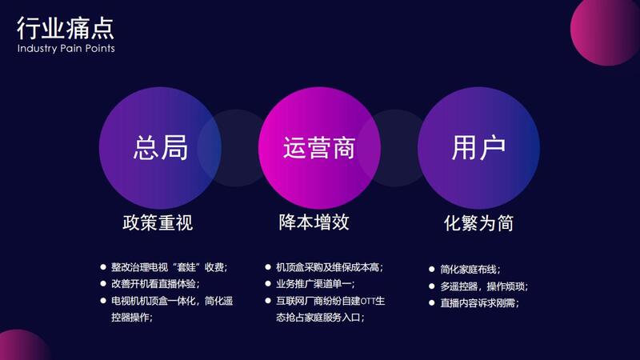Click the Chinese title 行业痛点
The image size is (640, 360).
click(66, 28)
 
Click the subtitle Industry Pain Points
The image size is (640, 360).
click(66, 48)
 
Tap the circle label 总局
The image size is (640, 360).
click(161, 147)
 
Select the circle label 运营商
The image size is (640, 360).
click(319, 147)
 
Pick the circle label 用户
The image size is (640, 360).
click(478, 147)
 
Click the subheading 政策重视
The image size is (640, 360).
click(158, 222)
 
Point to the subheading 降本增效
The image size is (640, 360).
click(314, 222)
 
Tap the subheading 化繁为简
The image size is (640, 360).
click(478, 223)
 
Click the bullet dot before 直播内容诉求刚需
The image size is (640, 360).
click(431, 303)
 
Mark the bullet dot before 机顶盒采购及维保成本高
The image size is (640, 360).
click(268, 267)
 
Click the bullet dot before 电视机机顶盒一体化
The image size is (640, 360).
click(103, 301)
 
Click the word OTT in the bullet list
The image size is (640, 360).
click(367, 302)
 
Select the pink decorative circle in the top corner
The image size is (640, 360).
click(606, 30)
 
